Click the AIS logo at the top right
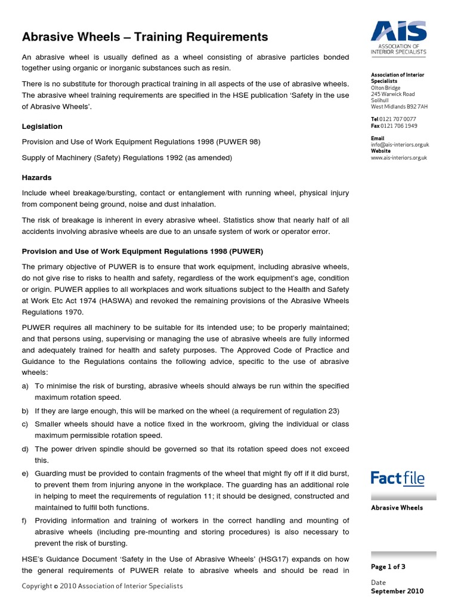[x=398, y=37]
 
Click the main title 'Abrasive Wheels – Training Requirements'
[x=145, y=38]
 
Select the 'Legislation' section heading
[x=42, y=126]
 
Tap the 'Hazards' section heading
[x=37, y=178]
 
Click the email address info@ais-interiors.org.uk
[x=400, y=145]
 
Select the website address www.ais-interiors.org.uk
[x=399, y=158]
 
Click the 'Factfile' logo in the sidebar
[x=397, y=478]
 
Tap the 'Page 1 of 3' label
[x=388, y=567]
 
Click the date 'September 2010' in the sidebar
[x=397, y=591]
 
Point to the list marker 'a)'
[x=26, y=387]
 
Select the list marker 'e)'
[x=26, y=473]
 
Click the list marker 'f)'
[x=25, y=520]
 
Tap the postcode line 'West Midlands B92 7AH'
[x=399, y=107]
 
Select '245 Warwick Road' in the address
[x=392, y=94]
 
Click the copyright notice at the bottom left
[x=102, y=586]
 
